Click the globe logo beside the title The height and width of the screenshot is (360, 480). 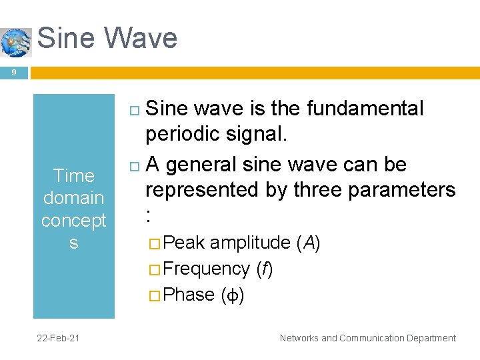tap(16, 42)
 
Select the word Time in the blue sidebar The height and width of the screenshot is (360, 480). tap(73, 176)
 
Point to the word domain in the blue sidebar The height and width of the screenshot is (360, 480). tap(73, 198)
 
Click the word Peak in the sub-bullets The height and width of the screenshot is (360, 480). tap(183, 243)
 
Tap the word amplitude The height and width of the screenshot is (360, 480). tap(250, 243)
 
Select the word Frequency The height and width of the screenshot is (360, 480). tap(206, 269)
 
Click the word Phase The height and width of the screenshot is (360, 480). tap(189, 295)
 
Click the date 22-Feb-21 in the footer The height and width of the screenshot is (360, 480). tap(59, 338)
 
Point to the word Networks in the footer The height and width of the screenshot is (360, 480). tap(299, 338)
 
